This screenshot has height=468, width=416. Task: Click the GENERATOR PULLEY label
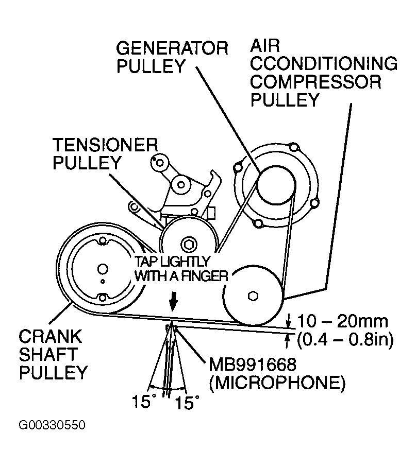[172, 57]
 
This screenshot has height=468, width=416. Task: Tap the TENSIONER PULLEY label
[105, 153]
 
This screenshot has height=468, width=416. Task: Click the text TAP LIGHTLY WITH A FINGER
[180, 268]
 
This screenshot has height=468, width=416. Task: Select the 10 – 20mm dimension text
[342, 322]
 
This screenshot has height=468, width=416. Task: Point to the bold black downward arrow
[173, 300]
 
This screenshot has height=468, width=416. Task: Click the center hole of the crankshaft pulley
[102, 268]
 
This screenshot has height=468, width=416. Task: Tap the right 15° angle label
[186, 402]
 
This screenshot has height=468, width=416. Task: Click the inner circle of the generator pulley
[276, 186]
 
